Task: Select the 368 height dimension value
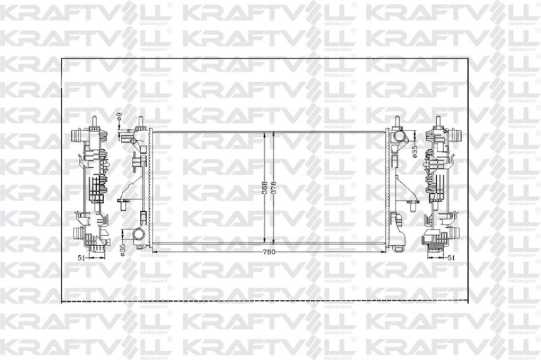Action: click(265, 188)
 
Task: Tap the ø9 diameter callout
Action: click(119, 115)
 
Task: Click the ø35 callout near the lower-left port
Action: click(120, 248)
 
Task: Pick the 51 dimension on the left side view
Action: click(81, 257)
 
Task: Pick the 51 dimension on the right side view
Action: click(451, 257)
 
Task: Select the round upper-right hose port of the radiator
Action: click(398, 136)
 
